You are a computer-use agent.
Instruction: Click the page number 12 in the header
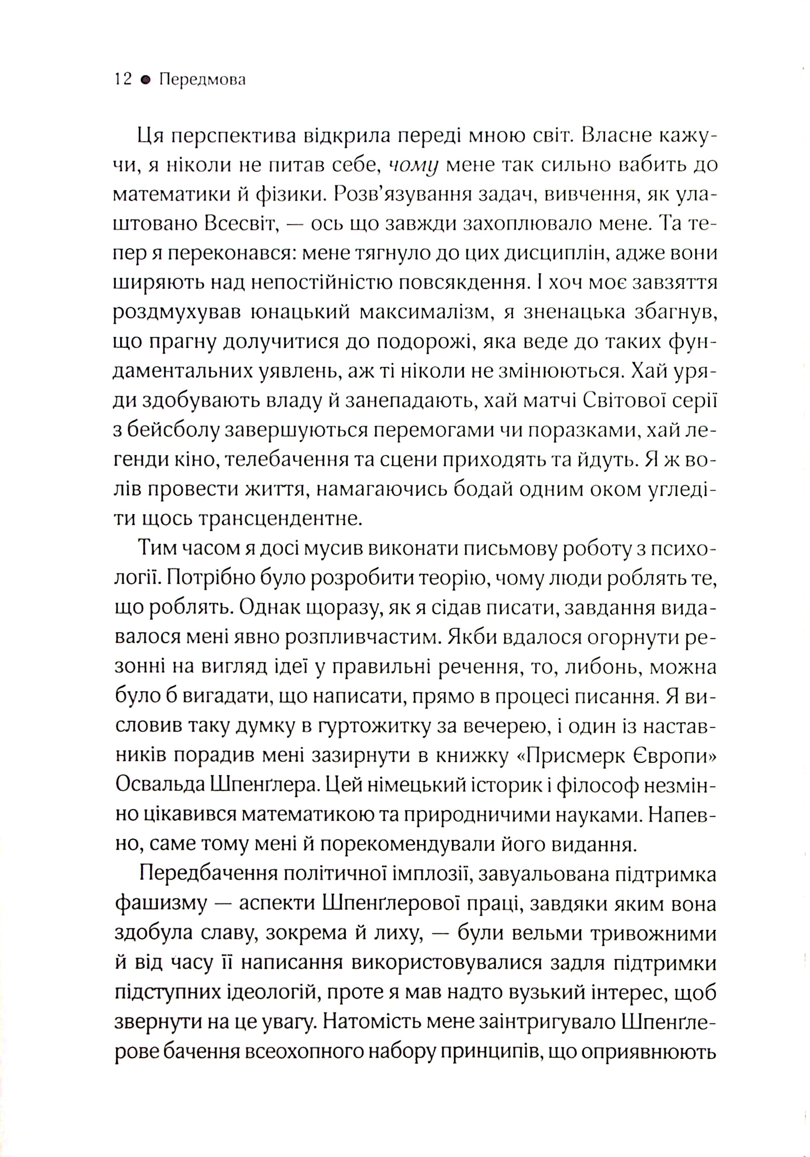(123, 80)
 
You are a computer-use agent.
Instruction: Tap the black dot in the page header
(145, 80)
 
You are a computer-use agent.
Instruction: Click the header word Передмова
(202, 80)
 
